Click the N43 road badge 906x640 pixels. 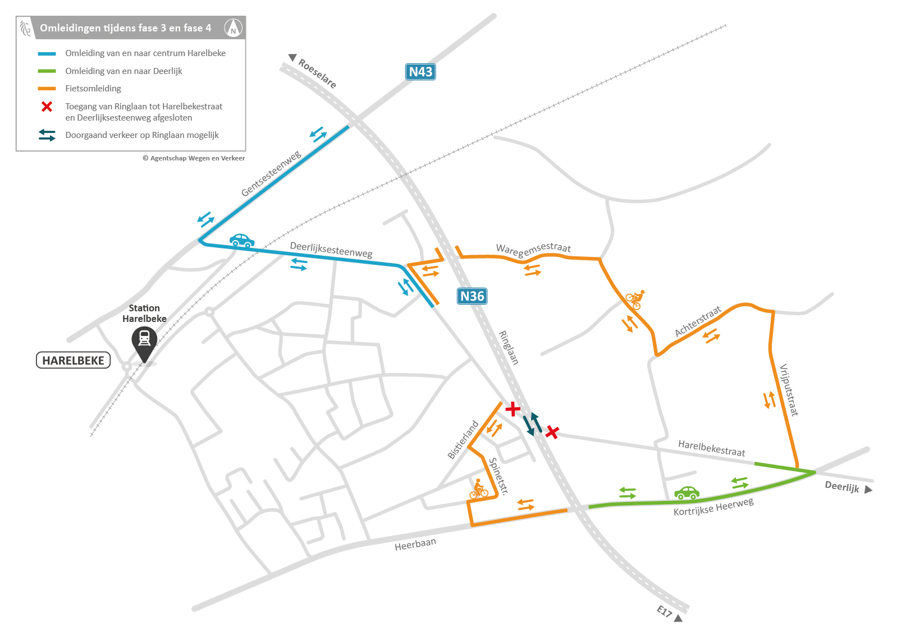point(420,72)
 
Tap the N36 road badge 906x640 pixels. point(472,296)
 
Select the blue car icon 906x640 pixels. point(242,241)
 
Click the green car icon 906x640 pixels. point(687,493)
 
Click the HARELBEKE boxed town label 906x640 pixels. point(73,361)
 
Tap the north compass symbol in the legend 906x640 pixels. point(233,27)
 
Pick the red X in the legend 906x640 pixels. point(47,107)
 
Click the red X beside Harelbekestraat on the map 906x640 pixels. point(552,432)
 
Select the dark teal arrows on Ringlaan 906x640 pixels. point(532,424)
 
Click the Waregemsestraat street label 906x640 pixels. point(533,250)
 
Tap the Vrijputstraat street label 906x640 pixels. point(789,390)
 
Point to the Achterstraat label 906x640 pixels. point(698,322)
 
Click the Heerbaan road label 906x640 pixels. point(415,544)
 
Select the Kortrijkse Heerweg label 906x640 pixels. point(713,506)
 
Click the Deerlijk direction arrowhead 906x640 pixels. point(868,490)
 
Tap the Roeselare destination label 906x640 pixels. point(317,73)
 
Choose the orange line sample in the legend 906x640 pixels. point(47,89)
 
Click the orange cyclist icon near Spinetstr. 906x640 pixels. point(478,489)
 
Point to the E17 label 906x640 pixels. point(664,611)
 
